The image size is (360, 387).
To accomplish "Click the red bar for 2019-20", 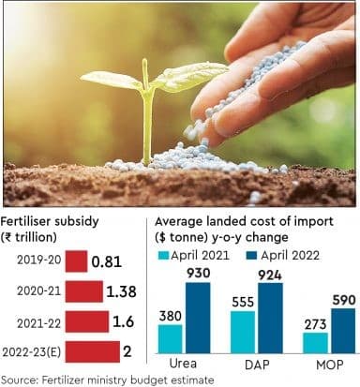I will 76,261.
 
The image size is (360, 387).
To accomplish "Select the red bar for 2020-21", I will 85,292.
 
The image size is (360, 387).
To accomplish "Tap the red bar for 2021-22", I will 89,323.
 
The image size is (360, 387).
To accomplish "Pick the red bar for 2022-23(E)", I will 97,353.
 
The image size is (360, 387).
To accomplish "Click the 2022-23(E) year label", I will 34,353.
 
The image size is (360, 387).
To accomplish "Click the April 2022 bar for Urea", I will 198,316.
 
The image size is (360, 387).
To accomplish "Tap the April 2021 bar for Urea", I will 171,336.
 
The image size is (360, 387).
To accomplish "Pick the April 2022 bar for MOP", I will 341,329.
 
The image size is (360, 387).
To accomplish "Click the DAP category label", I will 256,362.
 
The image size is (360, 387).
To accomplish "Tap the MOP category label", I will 328,362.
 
